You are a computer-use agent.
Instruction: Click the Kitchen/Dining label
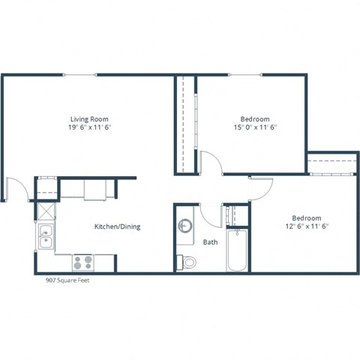[117, 226]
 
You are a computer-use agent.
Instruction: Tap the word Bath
[211, 242]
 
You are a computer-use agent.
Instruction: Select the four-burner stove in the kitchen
[82, 262]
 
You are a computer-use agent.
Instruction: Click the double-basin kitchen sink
[45, 238]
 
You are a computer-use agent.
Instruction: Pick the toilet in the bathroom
[187, 262]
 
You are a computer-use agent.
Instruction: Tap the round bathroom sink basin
[185, 226]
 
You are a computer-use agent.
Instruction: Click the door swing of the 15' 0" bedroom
[209, 163]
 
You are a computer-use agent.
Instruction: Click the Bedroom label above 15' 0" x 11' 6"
[255, 118]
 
